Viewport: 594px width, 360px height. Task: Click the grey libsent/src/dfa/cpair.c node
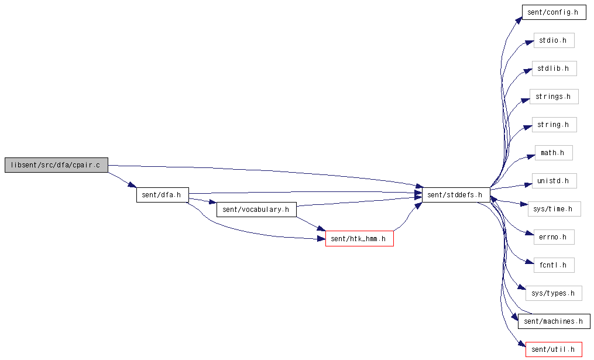(x=56, y=165)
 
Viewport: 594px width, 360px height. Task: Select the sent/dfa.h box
(x=163, y=195)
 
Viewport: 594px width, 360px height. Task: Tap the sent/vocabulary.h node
(x=256, y=210)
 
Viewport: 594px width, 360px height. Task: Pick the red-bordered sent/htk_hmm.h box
(x=359, y=239)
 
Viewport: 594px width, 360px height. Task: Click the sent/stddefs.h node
(x=456, y=195)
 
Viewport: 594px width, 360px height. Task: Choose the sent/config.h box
(x=554, y=12)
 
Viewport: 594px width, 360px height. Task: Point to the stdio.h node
(x=554, y=40)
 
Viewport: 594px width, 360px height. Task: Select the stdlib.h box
(x=554, y=68)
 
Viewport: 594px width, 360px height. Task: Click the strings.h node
(x=554, y=97)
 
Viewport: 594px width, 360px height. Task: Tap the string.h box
(x=554, y=125)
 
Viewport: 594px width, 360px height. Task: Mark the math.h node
(x=554, y=153)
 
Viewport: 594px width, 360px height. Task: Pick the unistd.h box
(x=554, y=181)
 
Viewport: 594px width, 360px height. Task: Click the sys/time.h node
(x=554, y=209)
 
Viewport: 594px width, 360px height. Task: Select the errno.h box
(x=554, y=237)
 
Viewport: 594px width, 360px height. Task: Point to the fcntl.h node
(x=554, y=265)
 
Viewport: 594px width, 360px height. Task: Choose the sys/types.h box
(x=554, y=293)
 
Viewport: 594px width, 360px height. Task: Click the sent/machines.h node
(x=554, y=321)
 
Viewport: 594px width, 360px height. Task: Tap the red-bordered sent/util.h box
(x=554, y=349)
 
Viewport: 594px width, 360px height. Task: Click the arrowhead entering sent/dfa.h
(x=132, y=186)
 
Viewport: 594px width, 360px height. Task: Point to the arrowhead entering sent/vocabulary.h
(x=212, y=203)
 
